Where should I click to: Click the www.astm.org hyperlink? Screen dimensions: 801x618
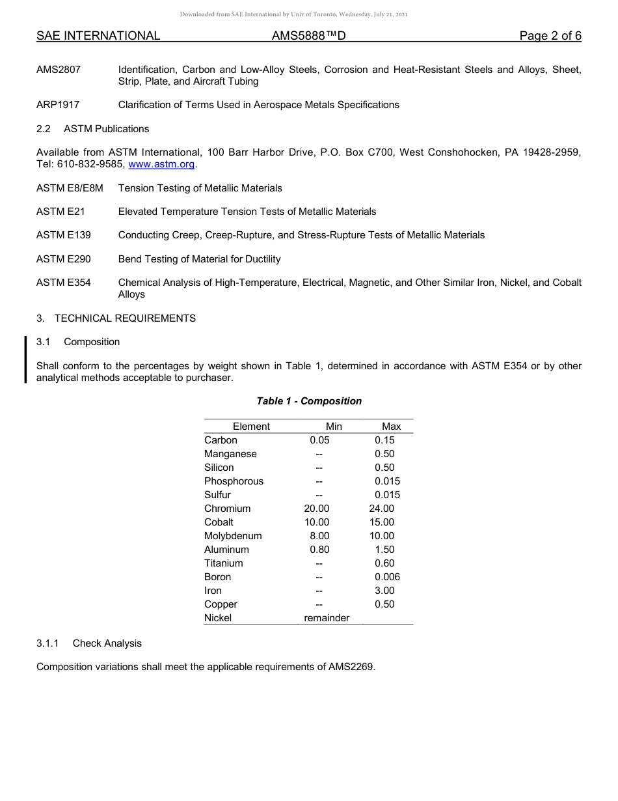click(x=161, y=164)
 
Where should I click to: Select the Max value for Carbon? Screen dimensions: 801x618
click(x=384, y=440)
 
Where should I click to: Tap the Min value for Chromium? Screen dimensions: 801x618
click(x=317, y=509)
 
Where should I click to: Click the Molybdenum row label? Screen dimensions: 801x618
click(x=233, y=536)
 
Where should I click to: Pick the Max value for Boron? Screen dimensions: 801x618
click(x=387, y=577)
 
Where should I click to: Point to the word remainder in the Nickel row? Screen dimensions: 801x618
click(x=327, y=618)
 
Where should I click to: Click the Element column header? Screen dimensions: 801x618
click(x=251, y=427)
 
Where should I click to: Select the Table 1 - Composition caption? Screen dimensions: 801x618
click(x=309, y=401)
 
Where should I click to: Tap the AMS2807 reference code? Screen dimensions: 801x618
click(x=59, y=70)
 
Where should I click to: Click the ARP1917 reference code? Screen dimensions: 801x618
click(x=59, y=105)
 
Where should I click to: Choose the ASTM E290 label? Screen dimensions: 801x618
click(x=64, y=259)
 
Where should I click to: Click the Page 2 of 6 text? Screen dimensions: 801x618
click(x=550, y=36)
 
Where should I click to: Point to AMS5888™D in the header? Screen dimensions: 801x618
click(x=308, y=36)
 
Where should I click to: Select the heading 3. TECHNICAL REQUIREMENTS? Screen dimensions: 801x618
click(x=116, y=318)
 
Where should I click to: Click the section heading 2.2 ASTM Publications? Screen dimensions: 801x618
click(x=92, y=129)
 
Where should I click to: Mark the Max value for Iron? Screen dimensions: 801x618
click(x=384, y=591)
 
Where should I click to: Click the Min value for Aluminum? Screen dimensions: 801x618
click(x=319, y=550)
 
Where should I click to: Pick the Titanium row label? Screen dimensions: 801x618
click(x=223, y=563)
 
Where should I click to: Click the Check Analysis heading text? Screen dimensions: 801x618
click(x=107, y=643)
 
